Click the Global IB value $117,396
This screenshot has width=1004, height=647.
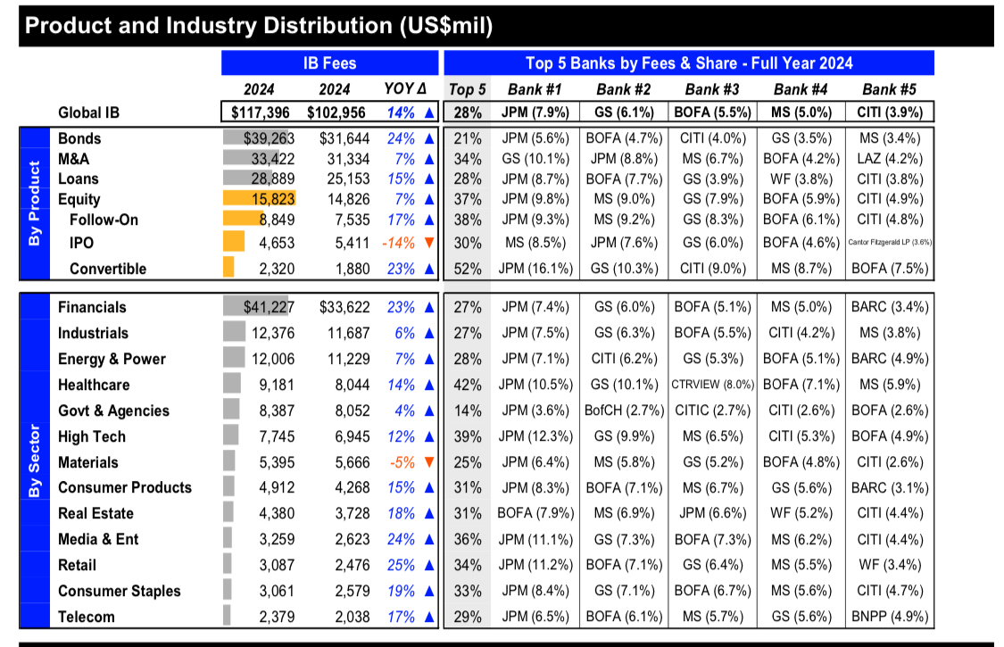pyautogui.click(x=260, y=112)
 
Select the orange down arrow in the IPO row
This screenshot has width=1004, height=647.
pyautogui.click(x=429, y=243)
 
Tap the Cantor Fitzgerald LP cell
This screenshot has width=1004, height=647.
pyautogui.click(x=890, y=242)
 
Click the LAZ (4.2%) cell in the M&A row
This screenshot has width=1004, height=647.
pyautogui.click(x=890, y=159)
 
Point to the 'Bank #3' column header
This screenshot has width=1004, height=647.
pyautogui.click(x=712, y=89)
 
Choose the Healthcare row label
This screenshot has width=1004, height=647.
pyautogui.click(x=94, y=385)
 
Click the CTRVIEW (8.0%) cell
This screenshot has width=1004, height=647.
pyautogui.click(x=712, y=385)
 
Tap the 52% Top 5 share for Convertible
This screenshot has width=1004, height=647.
pyautogui.click(x=468, y=269)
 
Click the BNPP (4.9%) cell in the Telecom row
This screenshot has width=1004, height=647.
pyautogui.click(x=890, y=617)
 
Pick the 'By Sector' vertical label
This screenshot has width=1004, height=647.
pyautogui.click(x=35, y=460)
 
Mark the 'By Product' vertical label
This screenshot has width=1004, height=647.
pyautogui.click(x=35, y=203)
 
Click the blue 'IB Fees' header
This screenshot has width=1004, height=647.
pyautogui.click(x=329, y=63)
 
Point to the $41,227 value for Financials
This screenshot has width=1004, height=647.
pyautogui.click(x=269, y=308)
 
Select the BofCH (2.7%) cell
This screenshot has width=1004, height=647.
pyautogui.click(x=624, y=411)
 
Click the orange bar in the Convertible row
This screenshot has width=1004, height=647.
pyautogui.click(x=228, y=267)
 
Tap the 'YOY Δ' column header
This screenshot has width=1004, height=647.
pyautogui.click(x=404, y=89)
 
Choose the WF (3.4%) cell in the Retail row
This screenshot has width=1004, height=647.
pyautogui.click(x=890, y=565)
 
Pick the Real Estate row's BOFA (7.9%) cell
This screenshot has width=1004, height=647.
pyautogui.click(x=535, y=513)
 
